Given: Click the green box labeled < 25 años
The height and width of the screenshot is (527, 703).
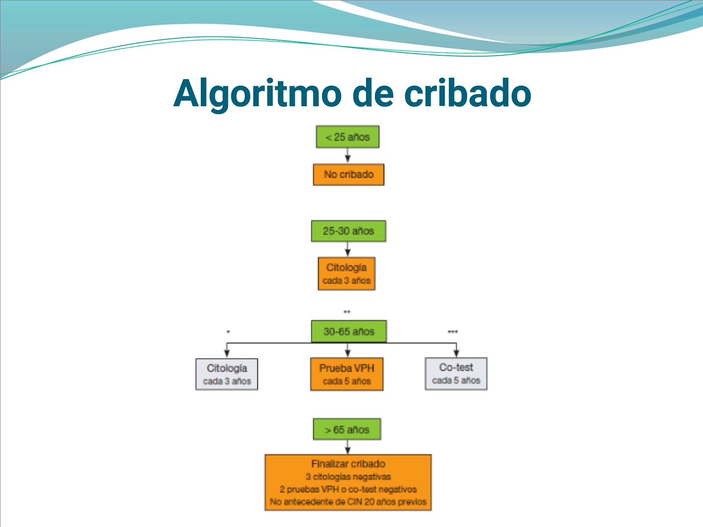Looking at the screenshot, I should (x=347, y=137).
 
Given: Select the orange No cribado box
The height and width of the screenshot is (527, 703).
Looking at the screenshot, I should (x=348, y=175).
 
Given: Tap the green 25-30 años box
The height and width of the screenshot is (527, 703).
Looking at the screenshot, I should (x=348, y=231).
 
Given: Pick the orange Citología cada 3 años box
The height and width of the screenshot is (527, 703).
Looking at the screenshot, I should (x=346, y=274).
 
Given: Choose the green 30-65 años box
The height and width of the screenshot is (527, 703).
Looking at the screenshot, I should (x=349, y=332).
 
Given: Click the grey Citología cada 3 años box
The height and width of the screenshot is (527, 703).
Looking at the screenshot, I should (x=227, y=374).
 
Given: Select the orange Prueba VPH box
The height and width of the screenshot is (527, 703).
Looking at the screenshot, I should (x=346, y=374).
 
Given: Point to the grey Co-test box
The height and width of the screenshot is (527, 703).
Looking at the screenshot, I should (x=456, y=373).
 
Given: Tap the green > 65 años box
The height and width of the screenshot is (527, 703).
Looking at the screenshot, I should (x=347, y=430).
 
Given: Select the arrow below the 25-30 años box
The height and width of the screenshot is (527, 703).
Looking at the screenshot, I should (x=347, y=249).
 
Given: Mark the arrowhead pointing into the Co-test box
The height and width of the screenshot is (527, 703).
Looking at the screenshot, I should (x=456, y=353).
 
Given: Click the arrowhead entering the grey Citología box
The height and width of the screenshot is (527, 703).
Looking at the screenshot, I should (x=227, y=353).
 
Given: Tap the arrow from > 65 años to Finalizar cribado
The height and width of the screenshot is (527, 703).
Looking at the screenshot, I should (x=347, y=447).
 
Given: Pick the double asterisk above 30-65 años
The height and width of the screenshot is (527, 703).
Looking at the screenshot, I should (x=347, y=312).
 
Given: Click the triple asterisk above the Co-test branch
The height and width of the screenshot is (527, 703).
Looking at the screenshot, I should (x=453, y=332).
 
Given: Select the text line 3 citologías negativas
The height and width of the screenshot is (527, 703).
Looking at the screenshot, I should (x=348, y=477).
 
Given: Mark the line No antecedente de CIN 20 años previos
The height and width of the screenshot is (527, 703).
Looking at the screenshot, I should (x=348, y=502).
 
